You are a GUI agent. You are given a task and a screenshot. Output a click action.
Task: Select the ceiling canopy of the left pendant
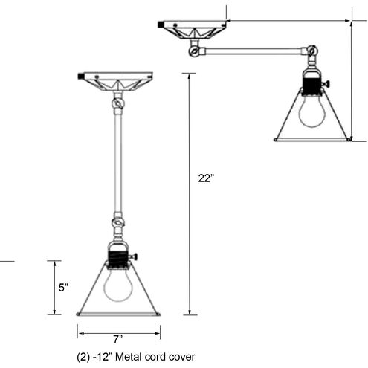[x=115, y=79]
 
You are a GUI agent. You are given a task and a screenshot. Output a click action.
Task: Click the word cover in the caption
[x=181, y=356]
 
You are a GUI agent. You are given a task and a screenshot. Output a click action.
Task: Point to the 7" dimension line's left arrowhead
[x=80, y=332]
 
